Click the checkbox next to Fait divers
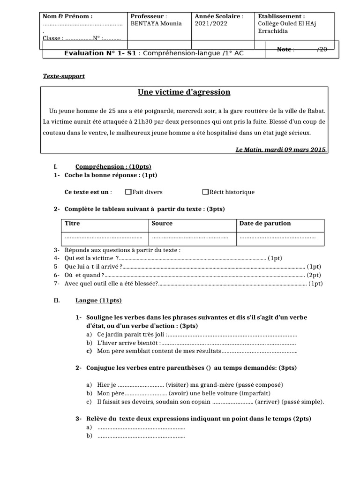click(x=128, y=192)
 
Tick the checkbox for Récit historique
click(x=205, y=192)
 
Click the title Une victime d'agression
click(x=184, y=92)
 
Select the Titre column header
click(x=72, y=224)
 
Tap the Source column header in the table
click(x=162, y=224)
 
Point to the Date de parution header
click(x=265, y=224)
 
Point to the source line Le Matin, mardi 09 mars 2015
click(x=280, y=150)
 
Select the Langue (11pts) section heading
click(x=98, y=300)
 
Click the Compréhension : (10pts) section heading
click(x=113, y=167)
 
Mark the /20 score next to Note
click(x=322, y=49)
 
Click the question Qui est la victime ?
click(x=89, y=258)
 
